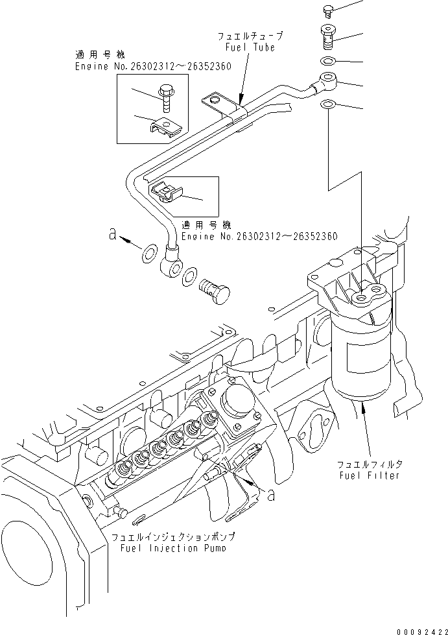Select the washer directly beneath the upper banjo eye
coord(328,104)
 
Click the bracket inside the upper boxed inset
coord(167,126)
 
